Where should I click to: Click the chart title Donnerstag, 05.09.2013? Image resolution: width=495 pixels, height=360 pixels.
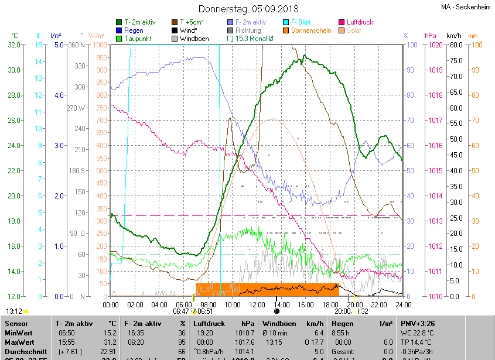coord(248,9)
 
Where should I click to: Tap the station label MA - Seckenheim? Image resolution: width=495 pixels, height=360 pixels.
coord(466,8)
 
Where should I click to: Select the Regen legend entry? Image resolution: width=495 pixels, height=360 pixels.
coord(134,30)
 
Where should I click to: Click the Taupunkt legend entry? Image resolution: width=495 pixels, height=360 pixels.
coord(137,39)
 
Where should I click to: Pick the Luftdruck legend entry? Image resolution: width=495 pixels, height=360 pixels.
coord(359,22)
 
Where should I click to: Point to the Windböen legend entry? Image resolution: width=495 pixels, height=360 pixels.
coord(194,39)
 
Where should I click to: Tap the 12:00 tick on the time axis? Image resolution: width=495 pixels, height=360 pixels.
coord(257,305)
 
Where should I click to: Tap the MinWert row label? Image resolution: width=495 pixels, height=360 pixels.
coord(19,333)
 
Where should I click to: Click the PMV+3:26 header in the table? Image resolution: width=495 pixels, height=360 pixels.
coord(419,324)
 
